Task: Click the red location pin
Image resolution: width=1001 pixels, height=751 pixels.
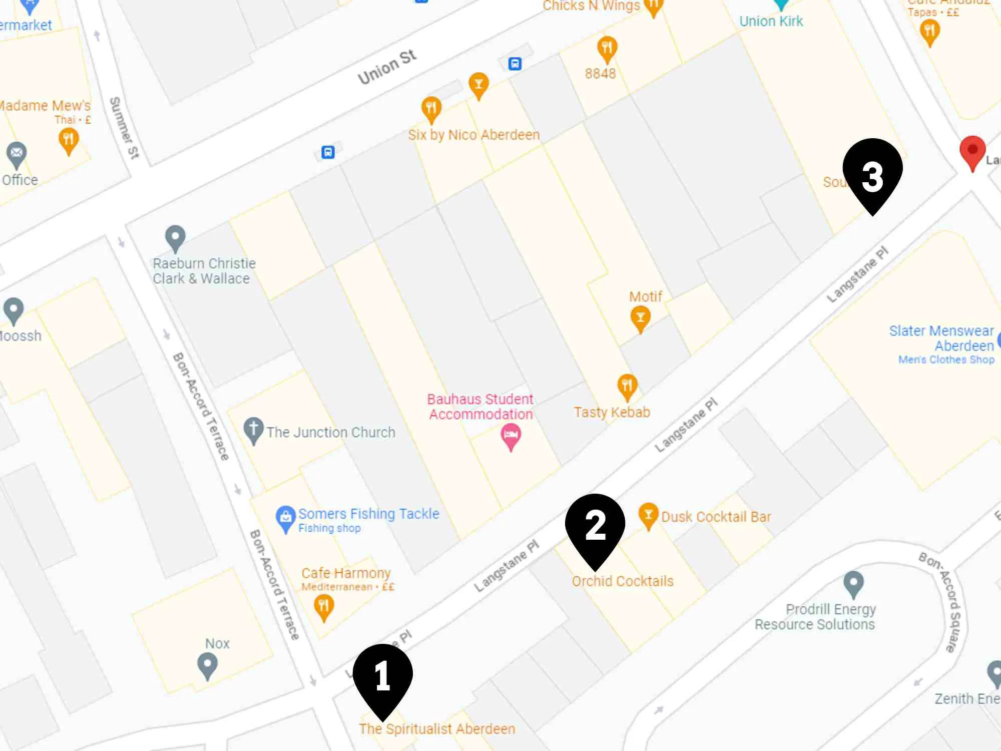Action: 972,151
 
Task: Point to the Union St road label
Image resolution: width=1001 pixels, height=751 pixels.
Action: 386,67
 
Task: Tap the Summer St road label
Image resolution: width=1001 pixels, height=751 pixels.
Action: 124,128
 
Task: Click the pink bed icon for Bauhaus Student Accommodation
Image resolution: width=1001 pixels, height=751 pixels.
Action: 511,436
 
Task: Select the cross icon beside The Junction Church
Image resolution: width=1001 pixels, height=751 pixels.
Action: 253,430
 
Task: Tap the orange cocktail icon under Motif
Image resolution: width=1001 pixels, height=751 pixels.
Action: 640,318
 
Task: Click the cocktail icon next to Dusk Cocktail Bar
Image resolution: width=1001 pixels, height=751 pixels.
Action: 648,515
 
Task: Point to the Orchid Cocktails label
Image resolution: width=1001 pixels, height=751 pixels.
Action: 623,581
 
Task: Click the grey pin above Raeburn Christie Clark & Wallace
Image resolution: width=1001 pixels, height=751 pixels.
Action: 175,237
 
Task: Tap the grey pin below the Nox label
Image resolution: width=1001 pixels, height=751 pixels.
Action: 207,665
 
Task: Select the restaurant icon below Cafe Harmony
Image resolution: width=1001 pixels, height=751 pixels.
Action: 324,606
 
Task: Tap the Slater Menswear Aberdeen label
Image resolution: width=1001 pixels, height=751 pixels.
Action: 941,338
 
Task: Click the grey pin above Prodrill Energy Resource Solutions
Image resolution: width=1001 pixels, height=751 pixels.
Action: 853,583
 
